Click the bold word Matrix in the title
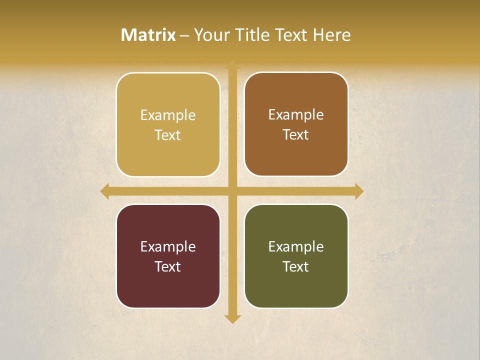pyautogui.click(x=148, y=35)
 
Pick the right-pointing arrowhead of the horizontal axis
pyautogui.click(x=359, y=191)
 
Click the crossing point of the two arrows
pyautogui.click(x=232, y=191)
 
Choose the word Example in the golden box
pyautogui.click(x=168, y=115)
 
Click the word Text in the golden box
pyautogui.click(x=168, y=135)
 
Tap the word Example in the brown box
pyautogui.click(x=296, y=115)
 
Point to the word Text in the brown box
pyautogui.click(x=296, y=135)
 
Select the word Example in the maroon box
pyautogui.click(x=168, y=247)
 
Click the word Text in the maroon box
pyautogui.click(x=168, y=267)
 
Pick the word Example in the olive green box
pyautogui.click(x=296, y=247)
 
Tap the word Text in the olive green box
pyautogui.click(x=296, y=267)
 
